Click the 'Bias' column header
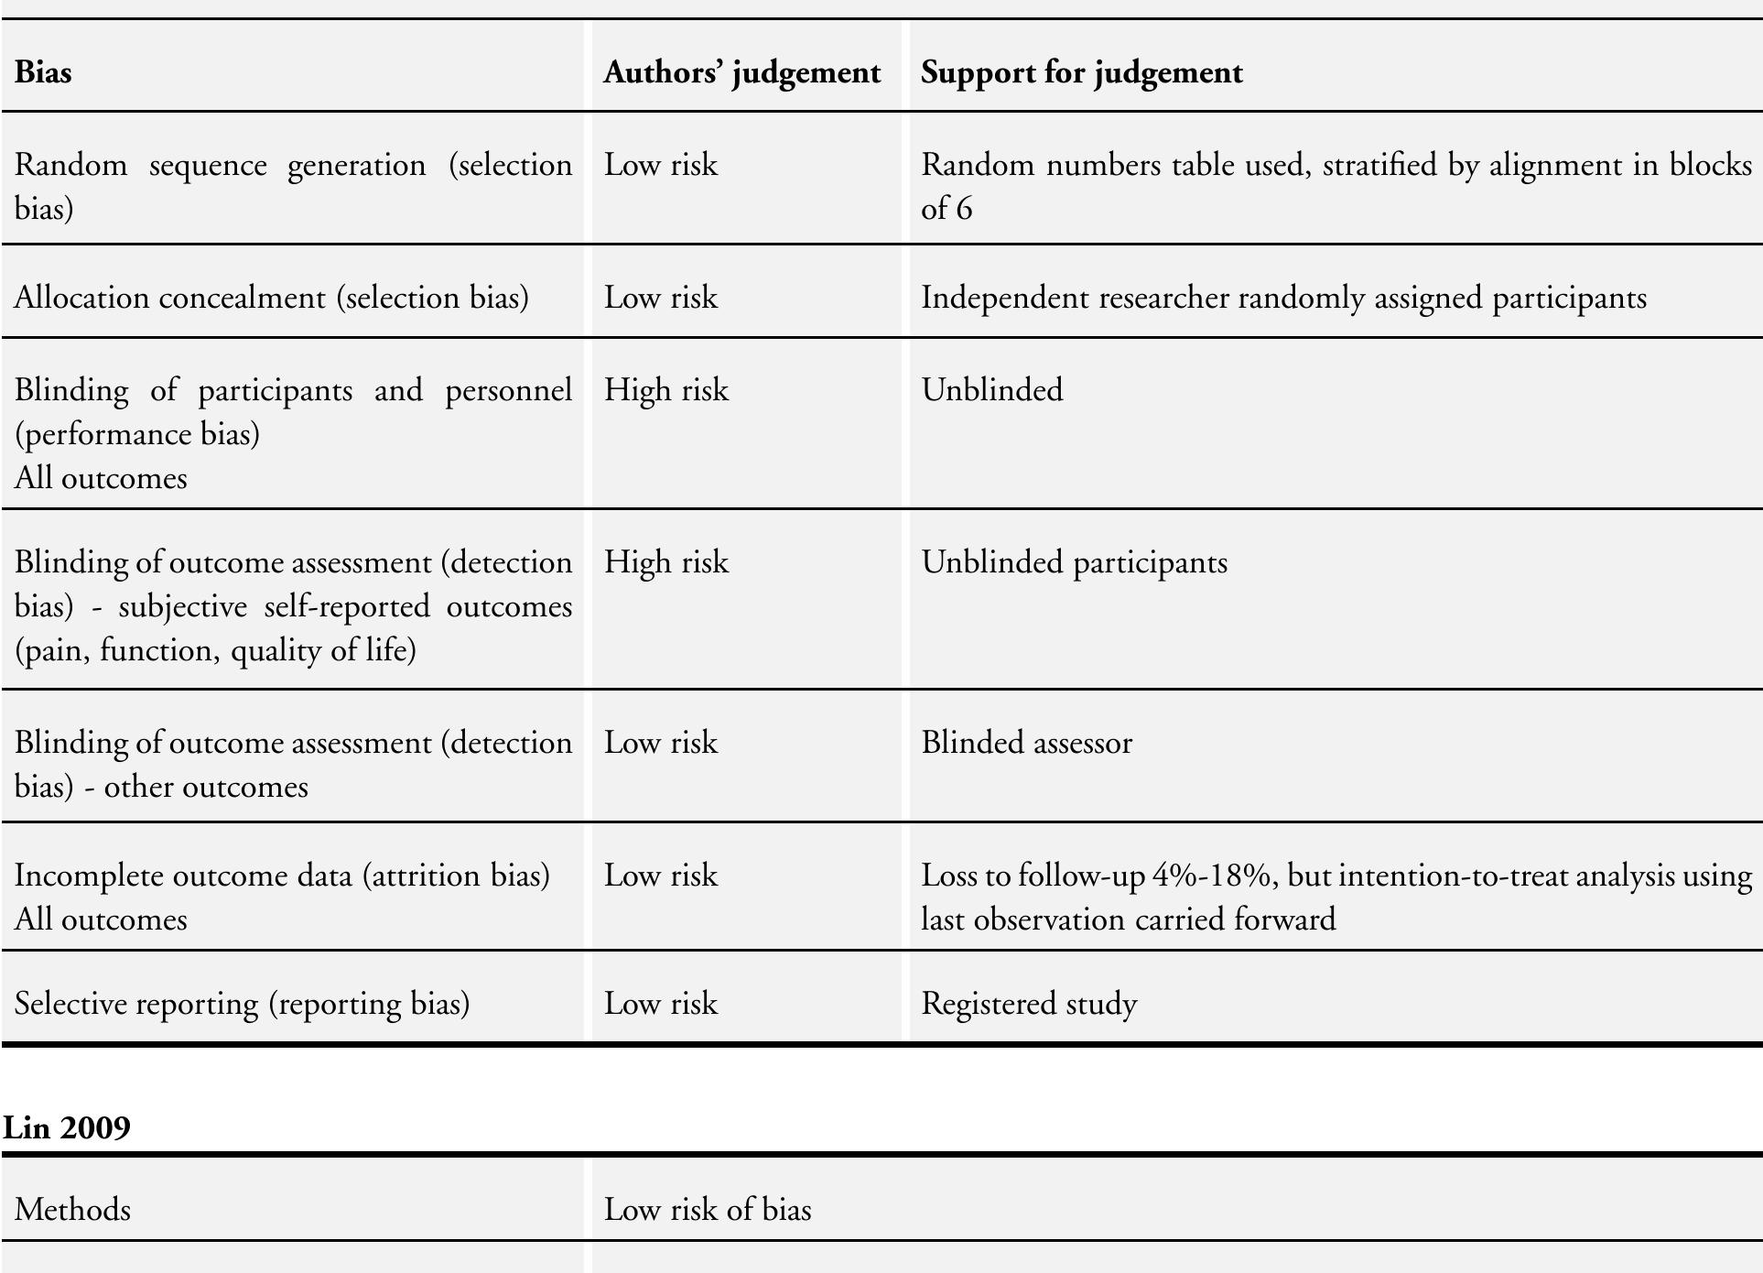43,72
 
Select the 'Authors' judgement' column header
741,72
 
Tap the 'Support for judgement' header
1081,72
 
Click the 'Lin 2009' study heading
67,1126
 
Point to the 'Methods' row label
72,1210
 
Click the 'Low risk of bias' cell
707,1210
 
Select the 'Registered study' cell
1029,1004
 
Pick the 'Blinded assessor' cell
1026,743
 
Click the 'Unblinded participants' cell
1074,562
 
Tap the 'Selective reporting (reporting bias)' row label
242,1004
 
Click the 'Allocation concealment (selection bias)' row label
271,298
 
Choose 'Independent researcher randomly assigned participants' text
1283,298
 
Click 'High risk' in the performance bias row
665,390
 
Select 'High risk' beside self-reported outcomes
665,562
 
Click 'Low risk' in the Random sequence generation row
660,165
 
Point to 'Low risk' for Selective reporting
660,1004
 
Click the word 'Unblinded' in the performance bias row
991,390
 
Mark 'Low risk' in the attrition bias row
660,876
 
